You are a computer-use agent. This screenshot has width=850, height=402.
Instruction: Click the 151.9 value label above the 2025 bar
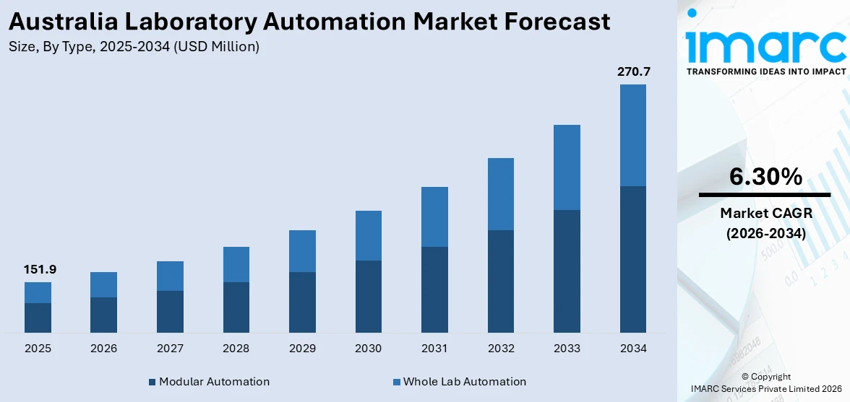40,270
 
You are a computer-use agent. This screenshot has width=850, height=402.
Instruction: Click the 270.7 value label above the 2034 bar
633,72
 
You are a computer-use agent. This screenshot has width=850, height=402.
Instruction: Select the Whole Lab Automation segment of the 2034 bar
633,135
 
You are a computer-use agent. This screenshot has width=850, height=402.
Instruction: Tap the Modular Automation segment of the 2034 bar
633,259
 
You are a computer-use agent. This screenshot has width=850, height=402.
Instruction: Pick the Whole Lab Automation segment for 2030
369,235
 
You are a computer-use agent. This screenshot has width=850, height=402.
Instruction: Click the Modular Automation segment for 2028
236,307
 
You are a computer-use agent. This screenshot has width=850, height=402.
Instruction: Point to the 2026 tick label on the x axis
104,349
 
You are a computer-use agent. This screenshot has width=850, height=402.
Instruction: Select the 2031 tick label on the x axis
434,349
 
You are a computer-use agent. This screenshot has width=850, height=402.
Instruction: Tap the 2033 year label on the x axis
567,349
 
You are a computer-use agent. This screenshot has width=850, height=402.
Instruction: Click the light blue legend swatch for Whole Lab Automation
396,382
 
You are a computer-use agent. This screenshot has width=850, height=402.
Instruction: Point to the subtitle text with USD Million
134,47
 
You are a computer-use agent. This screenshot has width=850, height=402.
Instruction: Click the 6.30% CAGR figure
765,177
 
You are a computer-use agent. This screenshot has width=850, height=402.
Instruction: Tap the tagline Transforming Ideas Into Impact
765,71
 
